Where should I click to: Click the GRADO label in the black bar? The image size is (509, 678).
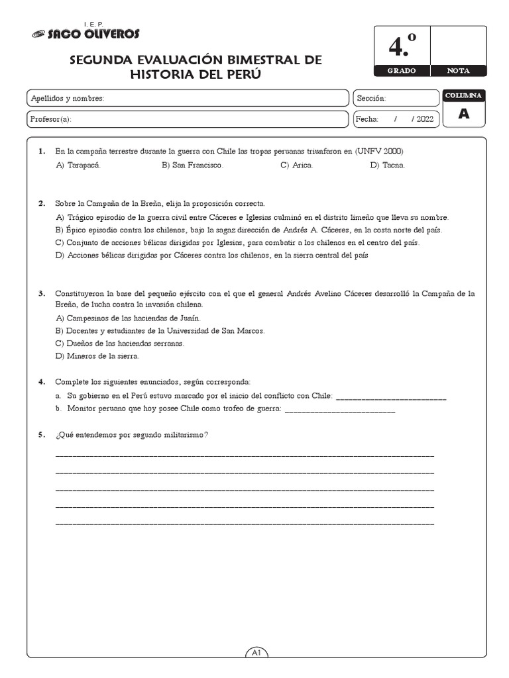tap(402, 70)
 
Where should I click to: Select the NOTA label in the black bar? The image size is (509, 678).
tap(458, 70)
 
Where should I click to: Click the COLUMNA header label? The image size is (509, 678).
tap(464, 96)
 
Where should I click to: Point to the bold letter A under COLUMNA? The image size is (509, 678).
tap(464, 114)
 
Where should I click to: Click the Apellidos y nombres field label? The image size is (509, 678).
tap(68, 99)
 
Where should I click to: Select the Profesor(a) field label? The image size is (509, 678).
tap(51, 119)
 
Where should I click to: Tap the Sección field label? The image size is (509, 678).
tap(371, 99)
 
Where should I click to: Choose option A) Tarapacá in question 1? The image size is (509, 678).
tap(79, 165)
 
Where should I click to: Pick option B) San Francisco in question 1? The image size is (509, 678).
tap(192, 165)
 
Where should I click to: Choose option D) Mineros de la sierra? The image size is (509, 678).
tap(97, 356)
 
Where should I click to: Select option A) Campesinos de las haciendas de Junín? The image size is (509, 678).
tap(119, 318)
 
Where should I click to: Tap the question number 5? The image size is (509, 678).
tap(42, 434)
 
